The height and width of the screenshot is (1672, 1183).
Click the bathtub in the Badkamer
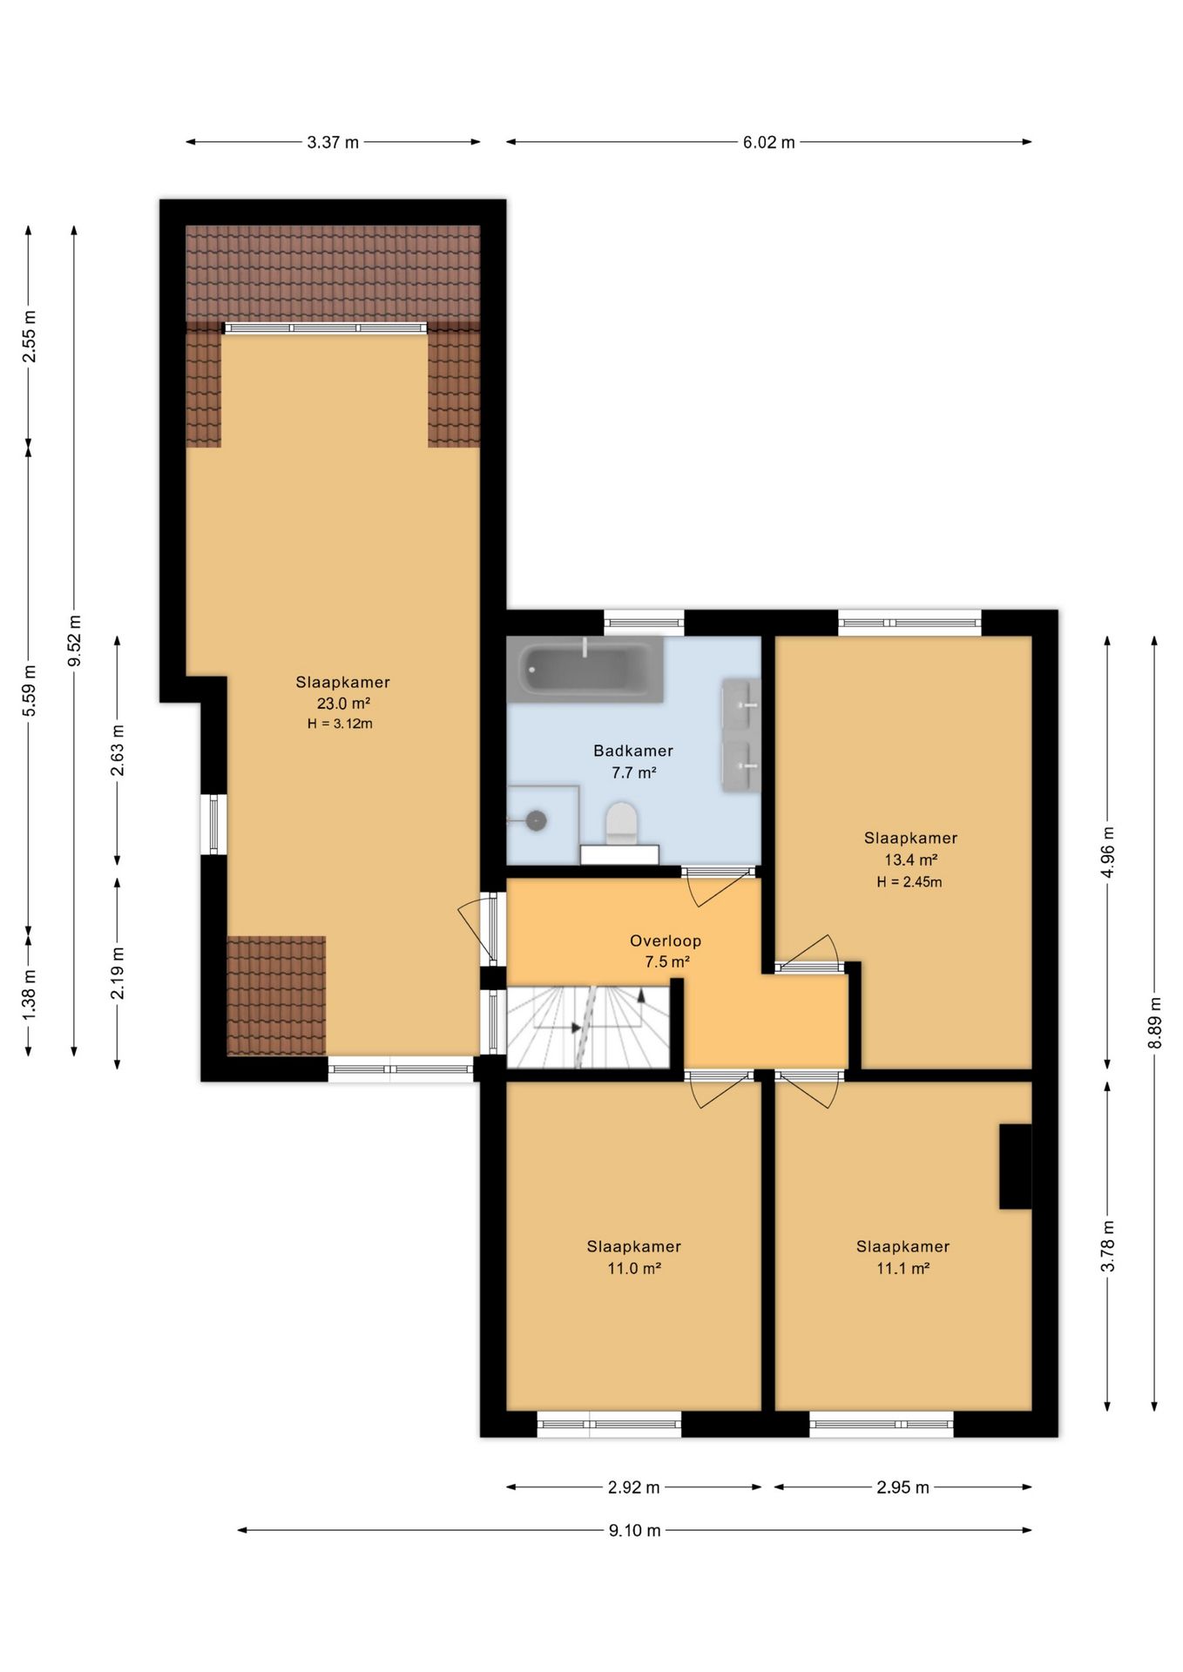[x=585, y=669]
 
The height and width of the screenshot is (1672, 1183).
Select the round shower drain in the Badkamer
[x=537, y=819]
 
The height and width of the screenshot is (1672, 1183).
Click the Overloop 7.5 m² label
[x=666, y=951]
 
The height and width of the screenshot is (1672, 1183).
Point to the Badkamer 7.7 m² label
[x=633, y=761]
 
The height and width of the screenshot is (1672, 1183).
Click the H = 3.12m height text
[x=340, y=724]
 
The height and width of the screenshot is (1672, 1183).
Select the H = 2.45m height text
[x=909, y=881]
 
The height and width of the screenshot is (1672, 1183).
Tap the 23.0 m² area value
[x=343, y=704]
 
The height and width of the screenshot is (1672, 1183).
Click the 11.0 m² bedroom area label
[x=634, y=1268]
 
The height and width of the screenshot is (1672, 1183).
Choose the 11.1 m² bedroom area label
[x=902, y=1268]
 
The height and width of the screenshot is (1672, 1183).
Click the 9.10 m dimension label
[x=635, y=1530]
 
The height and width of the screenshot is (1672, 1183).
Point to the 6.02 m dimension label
[x=768, y=142]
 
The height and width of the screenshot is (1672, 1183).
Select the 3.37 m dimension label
[x=333, y=142]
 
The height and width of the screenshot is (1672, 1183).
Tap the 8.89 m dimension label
[x=1155, y=1023]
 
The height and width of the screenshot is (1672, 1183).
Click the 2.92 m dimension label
[x=633, y=1487]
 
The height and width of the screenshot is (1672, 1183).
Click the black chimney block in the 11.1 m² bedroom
[x=1015, y=1166]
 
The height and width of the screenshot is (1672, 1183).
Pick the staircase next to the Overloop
[x=588, y=1027]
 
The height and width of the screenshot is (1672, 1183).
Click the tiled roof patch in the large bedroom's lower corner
[x=276, y=995]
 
